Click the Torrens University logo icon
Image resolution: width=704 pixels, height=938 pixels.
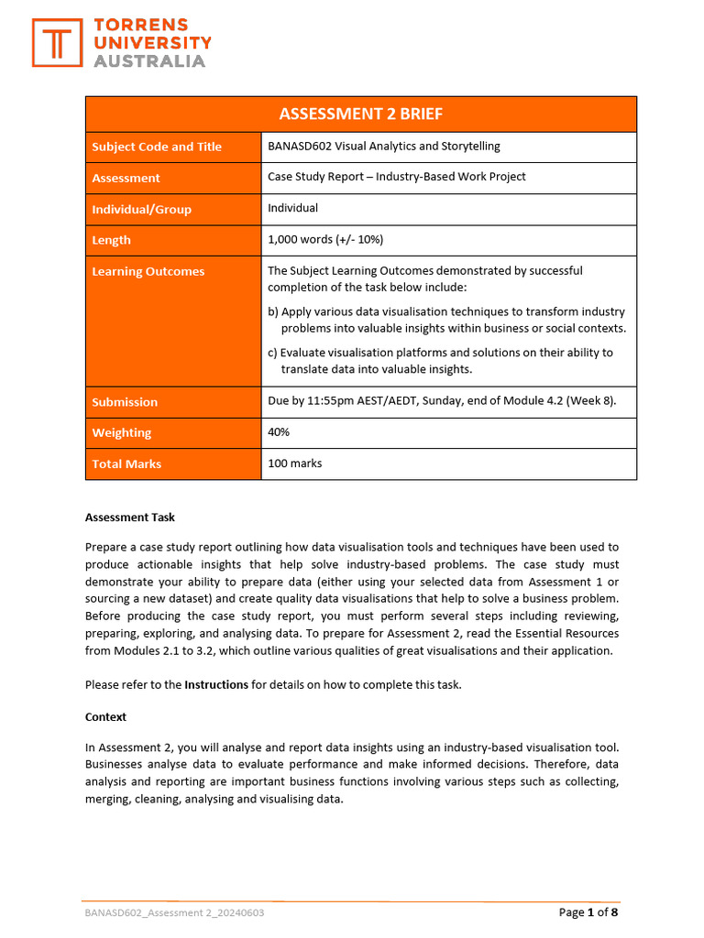57,43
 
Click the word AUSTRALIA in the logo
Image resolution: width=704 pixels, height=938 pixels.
150,61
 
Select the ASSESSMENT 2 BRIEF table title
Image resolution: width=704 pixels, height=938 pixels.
360,114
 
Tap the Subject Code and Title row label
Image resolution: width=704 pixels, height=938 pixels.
157,147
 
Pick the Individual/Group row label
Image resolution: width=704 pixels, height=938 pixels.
141,209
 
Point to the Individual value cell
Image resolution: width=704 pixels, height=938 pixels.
292,208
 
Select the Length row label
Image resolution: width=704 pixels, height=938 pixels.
111,240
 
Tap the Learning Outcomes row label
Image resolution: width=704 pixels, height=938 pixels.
148,271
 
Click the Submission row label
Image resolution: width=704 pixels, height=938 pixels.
125,402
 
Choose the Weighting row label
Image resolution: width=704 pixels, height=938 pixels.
122,432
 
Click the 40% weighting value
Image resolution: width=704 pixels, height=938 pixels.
279,432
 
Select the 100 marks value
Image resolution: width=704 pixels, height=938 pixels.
294,464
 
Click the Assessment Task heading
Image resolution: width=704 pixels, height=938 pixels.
129,517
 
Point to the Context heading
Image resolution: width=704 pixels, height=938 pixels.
105,716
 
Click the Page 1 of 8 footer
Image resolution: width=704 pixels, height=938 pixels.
588,912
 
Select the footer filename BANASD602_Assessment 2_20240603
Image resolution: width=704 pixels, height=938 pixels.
174,913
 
